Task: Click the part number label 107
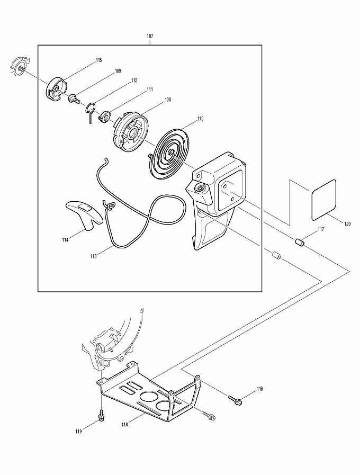coord(150,35)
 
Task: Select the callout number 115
coord(99,60)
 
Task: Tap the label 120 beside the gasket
coord(347,225)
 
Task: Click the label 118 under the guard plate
coord(124,424)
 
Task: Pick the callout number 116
coord(259,389)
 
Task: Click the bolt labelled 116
coord(235,399)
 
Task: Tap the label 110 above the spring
coord(201,119)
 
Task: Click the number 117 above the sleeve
coord(321,229)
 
